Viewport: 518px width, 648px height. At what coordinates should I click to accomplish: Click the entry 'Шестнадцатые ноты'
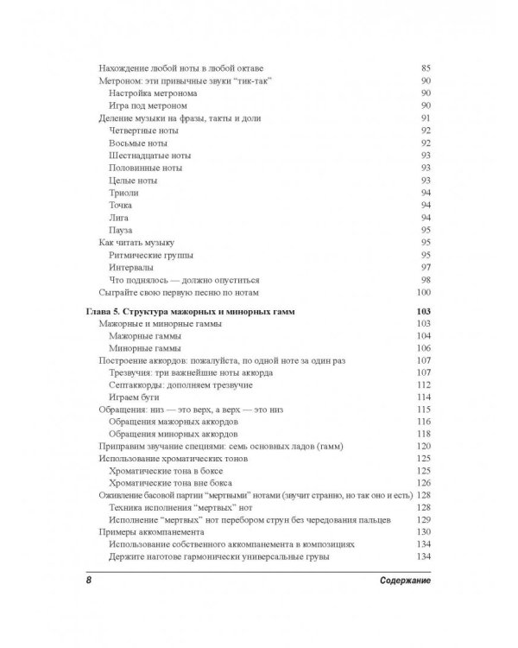coord(149,156)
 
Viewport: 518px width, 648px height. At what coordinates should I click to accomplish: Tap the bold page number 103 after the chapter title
coord(422,311)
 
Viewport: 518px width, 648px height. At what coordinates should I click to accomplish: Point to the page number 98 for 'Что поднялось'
coord(425,280)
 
